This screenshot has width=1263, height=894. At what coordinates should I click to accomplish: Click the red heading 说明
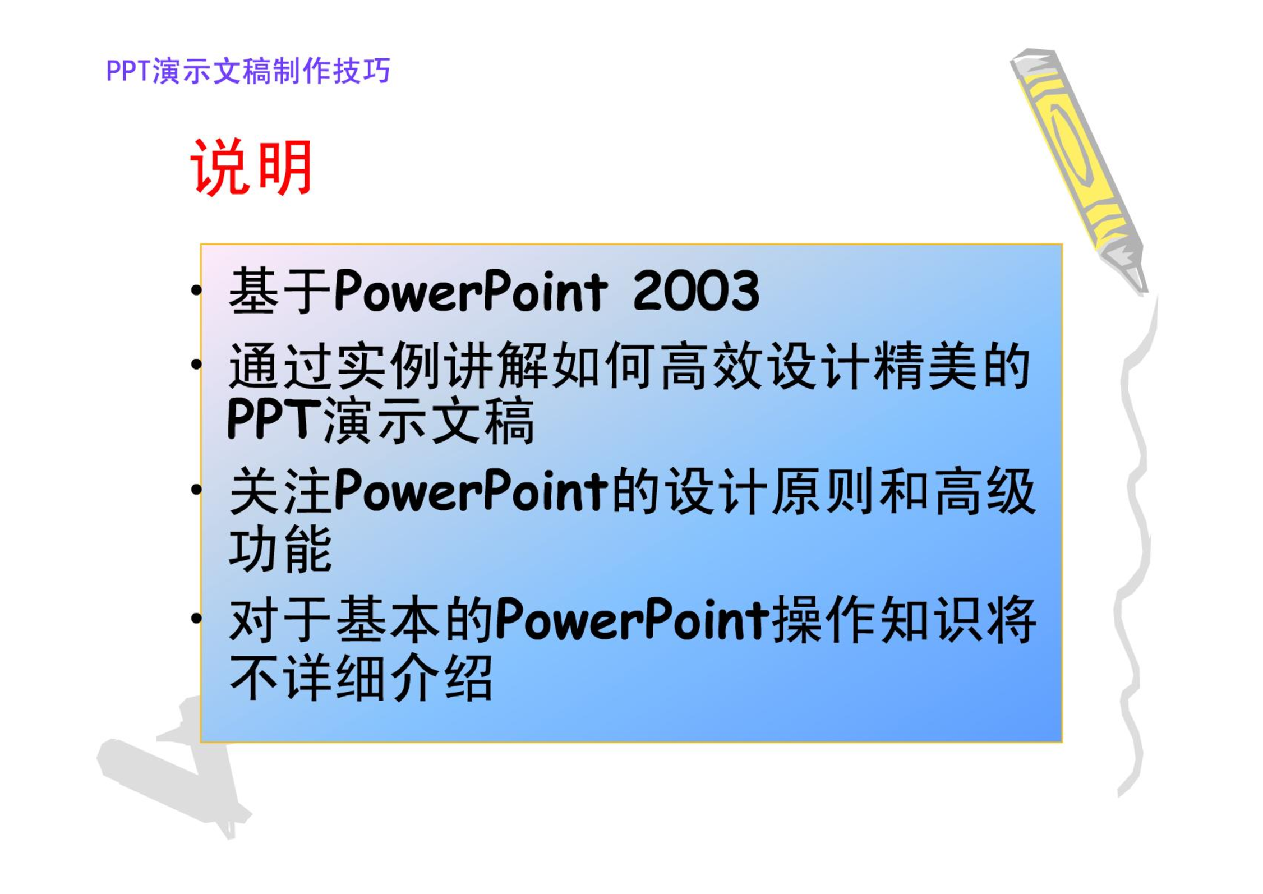pyautogui.click(x=251, y=167)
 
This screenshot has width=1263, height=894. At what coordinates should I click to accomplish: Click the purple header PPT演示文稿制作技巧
pyautogui.click(x=248, y=71)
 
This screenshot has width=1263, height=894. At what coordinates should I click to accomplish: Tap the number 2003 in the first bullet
pyautogui.click(x=696, y=291)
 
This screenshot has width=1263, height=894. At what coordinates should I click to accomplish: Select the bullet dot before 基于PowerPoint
pyautogui.click(x=196, y=291)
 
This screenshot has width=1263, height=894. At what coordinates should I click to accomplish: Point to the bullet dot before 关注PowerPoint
pyautogui.click(x=196, y=490)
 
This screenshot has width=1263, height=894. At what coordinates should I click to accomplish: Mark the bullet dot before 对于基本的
pyautogui.click(x=196, y=619)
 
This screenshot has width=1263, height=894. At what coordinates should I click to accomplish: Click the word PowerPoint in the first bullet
pyautogui.click(x=471, y=291)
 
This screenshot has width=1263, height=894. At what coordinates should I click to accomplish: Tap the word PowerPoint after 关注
pyautogui.click(x=471, y=491)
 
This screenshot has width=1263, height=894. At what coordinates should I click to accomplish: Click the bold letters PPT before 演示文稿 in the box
pyautogui.click(x=274, y=419)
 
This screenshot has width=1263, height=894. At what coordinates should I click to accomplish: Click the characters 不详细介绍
pyautogui.click(x=361, y=678)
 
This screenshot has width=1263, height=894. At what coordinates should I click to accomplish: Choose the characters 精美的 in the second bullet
pyautogui.click(x=952, y=366)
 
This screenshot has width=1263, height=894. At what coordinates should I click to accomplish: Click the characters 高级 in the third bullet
pyautogui.click(x=984, y=491)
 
